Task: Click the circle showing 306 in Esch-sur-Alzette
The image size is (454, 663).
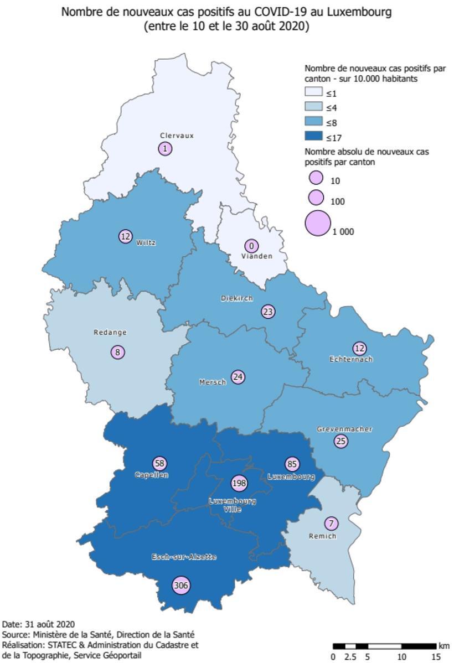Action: click(x=181, y=586)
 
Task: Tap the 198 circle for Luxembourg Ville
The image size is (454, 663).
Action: click(x=239, y=483)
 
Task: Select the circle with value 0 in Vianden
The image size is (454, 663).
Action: click(x=251, y=246)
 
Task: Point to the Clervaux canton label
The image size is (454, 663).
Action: click(x=177, y=136)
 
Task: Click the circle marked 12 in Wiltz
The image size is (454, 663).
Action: click(x=126, y=236)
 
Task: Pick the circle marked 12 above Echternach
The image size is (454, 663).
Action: click(x=360, y=348)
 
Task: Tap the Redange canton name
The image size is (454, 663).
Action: click(x=110, y=333)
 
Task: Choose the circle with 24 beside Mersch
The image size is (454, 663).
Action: click(x=238, y=377)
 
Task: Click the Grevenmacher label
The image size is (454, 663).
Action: click(x=344, y=429)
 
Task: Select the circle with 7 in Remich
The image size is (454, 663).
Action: click(x=331, y=523)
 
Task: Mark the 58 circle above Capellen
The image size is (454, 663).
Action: click(x=159, y=464)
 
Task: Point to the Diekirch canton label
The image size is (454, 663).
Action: click(x=237, y=298)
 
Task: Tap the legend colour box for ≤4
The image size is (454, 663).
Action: click(x=313, y=107)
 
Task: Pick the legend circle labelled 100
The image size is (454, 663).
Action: click(x=316, y=197)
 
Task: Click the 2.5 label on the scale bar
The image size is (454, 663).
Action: click(x=350, y=657)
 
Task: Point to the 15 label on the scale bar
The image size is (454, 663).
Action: click(x=436, y=657)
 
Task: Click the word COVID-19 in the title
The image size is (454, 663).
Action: click(x=266, y=12)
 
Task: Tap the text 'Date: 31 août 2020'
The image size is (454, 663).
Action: click(x=39, y=625)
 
